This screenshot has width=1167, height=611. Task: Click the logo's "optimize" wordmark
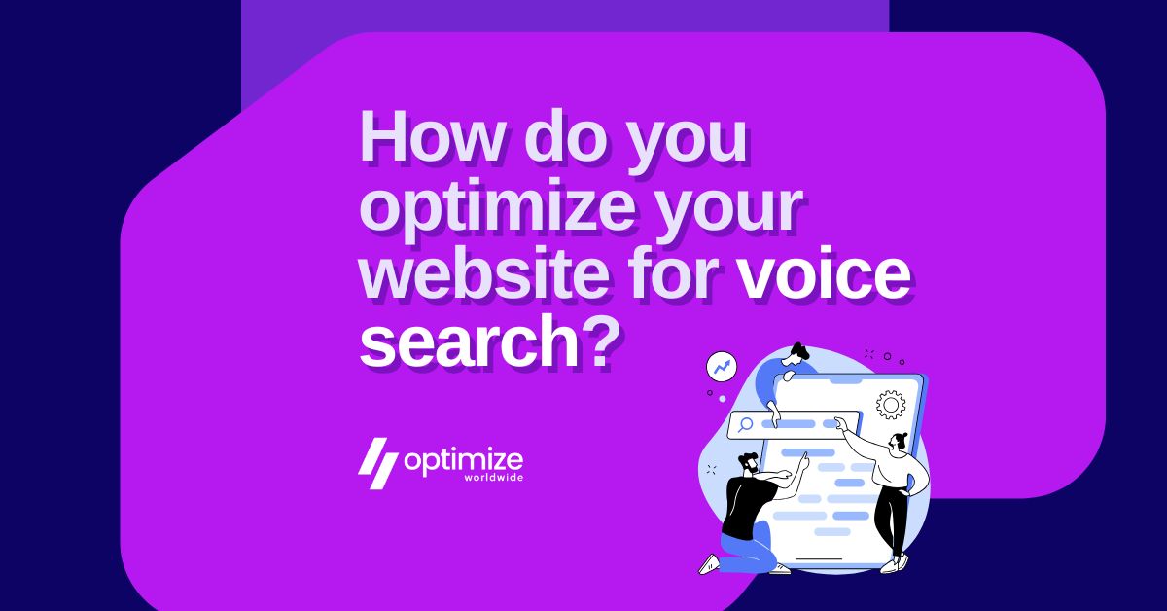pos(463,458)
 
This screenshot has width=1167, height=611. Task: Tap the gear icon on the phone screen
pos(890,404)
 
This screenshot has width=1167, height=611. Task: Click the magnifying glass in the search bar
pos(746,423)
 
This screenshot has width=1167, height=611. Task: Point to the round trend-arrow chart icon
pos(722,368)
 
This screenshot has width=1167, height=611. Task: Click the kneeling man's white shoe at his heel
pos(709,564)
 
